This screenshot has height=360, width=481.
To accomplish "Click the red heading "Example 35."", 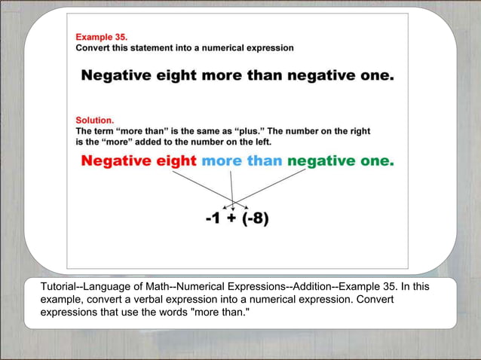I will pos(102,36).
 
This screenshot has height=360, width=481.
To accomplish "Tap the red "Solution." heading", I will pos(95,120).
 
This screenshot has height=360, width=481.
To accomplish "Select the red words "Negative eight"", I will pos(138,160).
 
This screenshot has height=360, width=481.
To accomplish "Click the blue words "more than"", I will pos(241,160).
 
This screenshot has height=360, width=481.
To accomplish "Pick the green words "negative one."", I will pos(340,160).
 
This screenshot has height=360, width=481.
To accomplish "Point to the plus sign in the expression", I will pos(234,219).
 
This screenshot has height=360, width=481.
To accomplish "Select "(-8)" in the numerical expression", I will pos(256,219).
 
